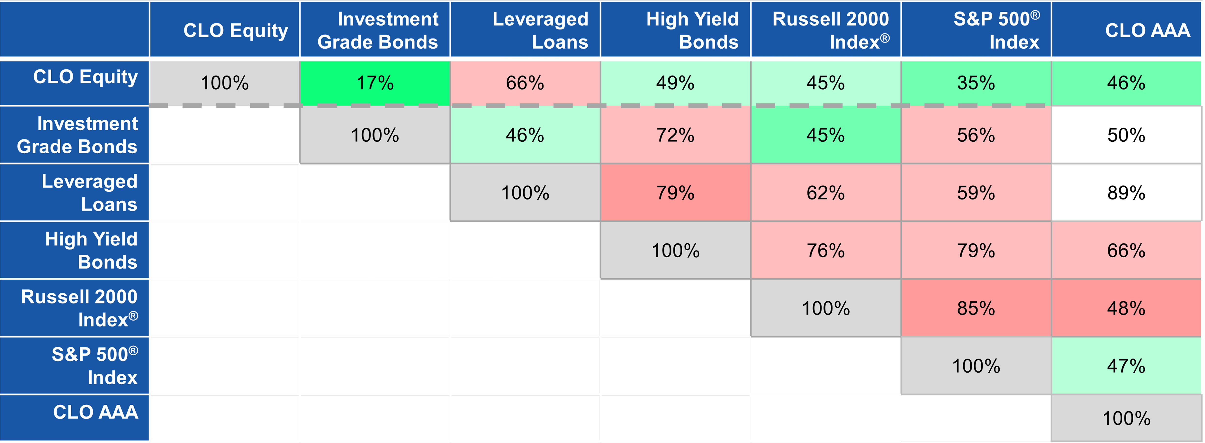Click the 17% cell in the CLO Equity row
tap(375, 83)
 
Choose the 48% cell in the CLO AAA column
tap(1126, 308)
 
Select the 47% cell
tap(1126, 366)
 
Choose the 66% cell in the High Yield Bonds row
tap(1126, 251)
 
